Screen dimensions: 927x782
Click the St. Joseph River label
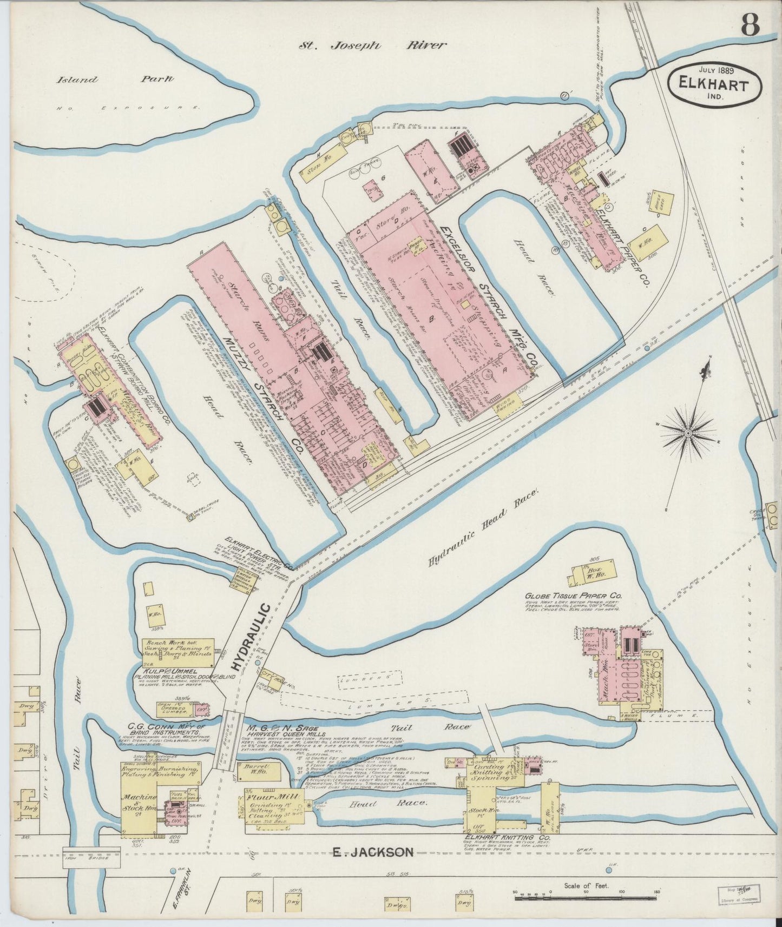[x=373, y=45]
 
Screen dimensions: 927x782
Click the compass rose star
[x=688, y=432]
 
